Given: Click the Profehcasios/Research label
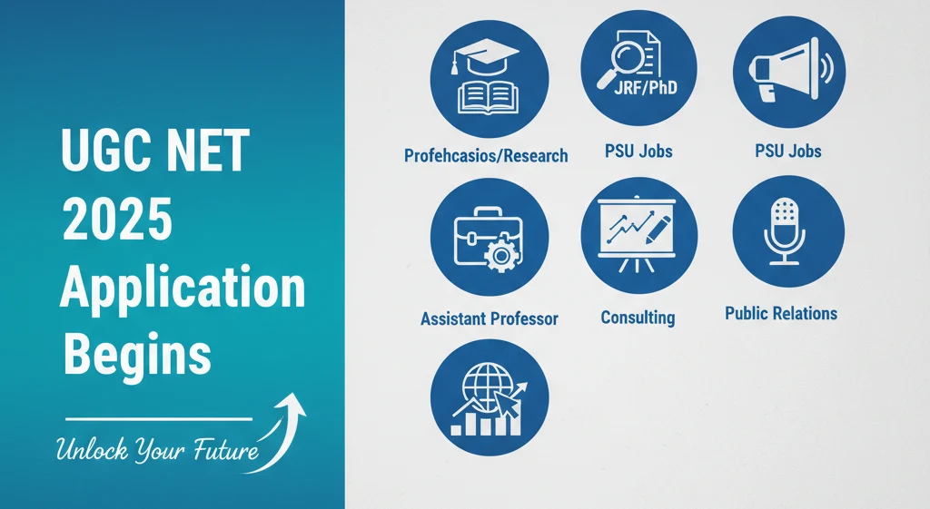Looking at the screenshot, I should click(486, 155).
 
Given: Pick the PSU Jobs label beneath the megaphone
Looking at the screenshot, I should click(788, 151).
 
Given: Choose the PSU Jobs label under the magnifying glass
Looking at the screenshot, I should click(638, 151).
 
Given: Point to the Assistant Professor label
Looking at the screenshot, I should click(489, 318).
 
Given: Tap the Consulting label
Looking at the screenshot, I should click(638, 318).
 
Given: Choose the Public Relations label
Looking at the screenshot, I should click(781, 314).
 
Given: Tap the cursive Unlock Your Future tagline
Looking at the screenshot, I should click(155, 449).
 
